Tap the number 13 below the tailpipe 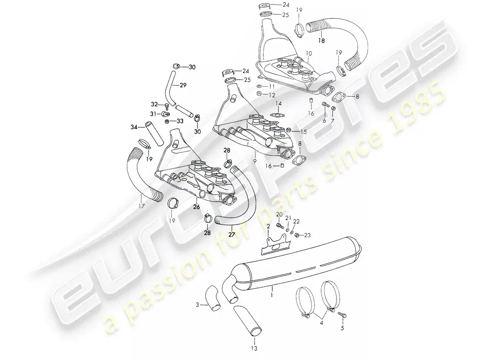click(254, 348)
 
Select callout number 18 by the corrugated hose click(321, 41)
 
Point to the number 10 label click(309, 54)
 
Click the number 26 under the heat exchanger click(197, 207)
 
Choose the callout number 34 click(134, 127)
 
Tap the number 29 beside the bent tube click(183, 85)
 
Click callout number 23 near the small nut click(307, 235)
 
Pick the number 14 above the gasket click(278, 103)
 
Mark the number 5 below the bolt click(342, 328)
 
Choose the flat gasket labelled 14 click(277, 115)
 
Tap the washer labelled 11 click(259, 86)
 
